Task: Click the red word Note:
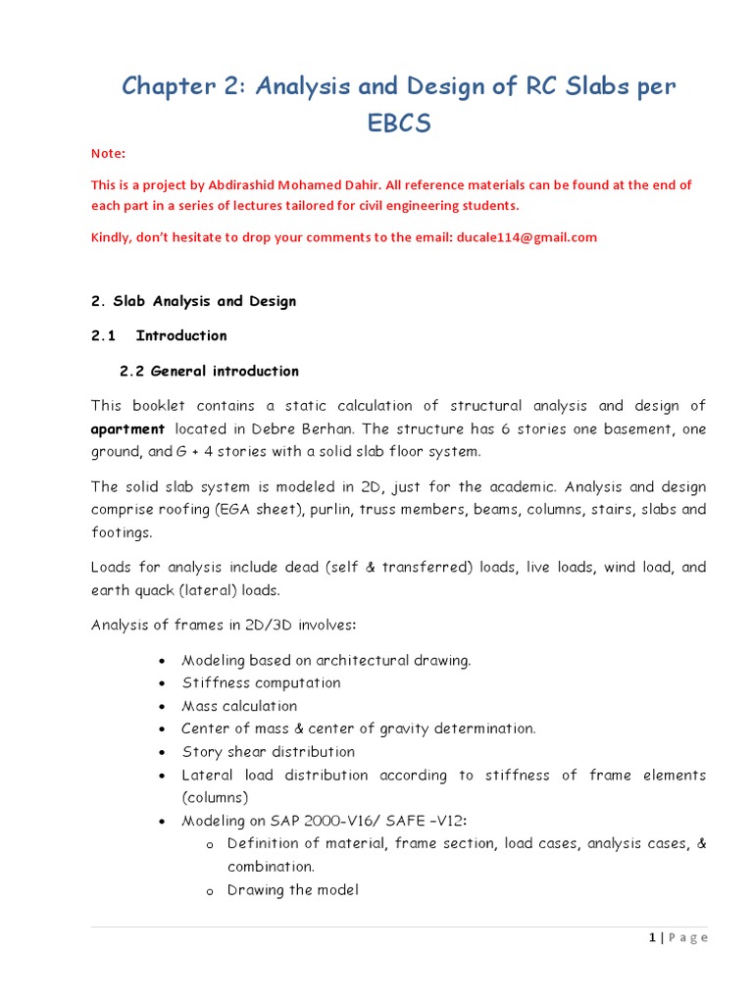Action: [108, 153]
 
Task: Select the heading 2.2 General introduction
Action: [209, 371]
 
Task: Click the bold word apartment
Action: [127, 428]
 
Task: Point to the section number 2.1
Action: [103, 335]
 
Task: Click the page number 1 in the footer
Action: [651, 937]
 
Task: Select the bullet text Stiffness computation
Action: [261, 682]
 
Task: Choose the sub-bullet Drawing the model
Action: [292, 890]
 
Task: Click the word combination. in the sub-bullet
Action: [271, 867]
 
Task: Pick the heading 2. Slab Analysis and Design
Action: [193, 301]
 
